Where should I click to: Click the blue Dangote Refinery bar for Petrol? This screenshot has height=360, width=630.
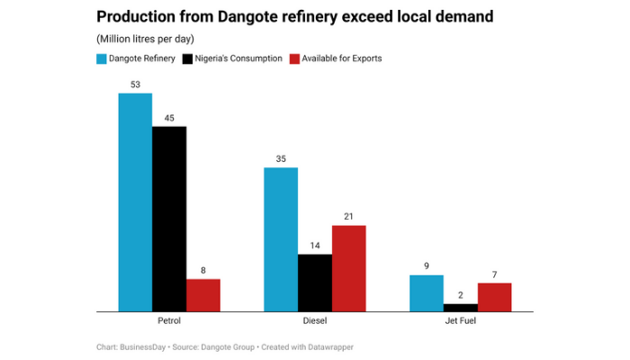click(135, 202)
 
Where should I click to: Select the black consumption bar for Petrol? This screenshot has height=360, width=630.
click(169, 219)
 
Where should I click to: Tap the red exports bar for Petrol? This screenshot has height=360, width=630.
click(203, 295)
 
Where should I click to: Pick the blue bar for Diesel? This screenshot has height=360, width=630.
click(280, 239)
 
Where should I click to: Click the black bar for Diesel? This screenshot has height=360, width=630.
click(315, 283)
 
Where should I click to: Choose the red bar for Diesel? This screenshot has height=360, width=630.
click(349, 268)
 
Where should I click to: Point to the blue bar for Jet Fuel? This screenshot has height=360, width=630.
click(426, 293)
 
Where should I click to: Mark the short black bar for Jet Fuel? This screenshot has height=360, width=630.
click(461, 308)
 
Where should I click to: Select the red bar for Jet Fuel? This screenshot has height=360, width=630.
click(494, 297)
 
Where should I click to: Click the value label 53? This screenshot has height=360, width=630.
click(135, 85)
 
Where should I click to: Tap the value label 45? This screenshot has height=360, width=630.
click(169, 118)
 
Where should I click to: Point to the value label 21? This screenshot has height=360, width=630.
click(349, 217)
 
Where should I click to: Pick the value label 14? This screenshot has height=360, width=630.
click(315, 246)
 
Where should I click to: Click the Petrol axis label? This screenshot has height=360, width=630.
click(169, 321)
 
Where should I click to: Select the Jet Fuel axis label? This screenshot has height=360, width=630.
click(460, 321)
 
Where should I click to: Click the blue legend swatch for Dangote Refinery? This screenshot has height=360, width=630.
click(102, 58)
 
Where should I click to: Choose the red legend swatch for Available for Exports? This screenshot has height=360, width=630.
click(293, 58)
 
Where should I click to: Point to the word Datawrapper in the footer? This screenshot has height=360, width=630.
click(328, 346)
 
